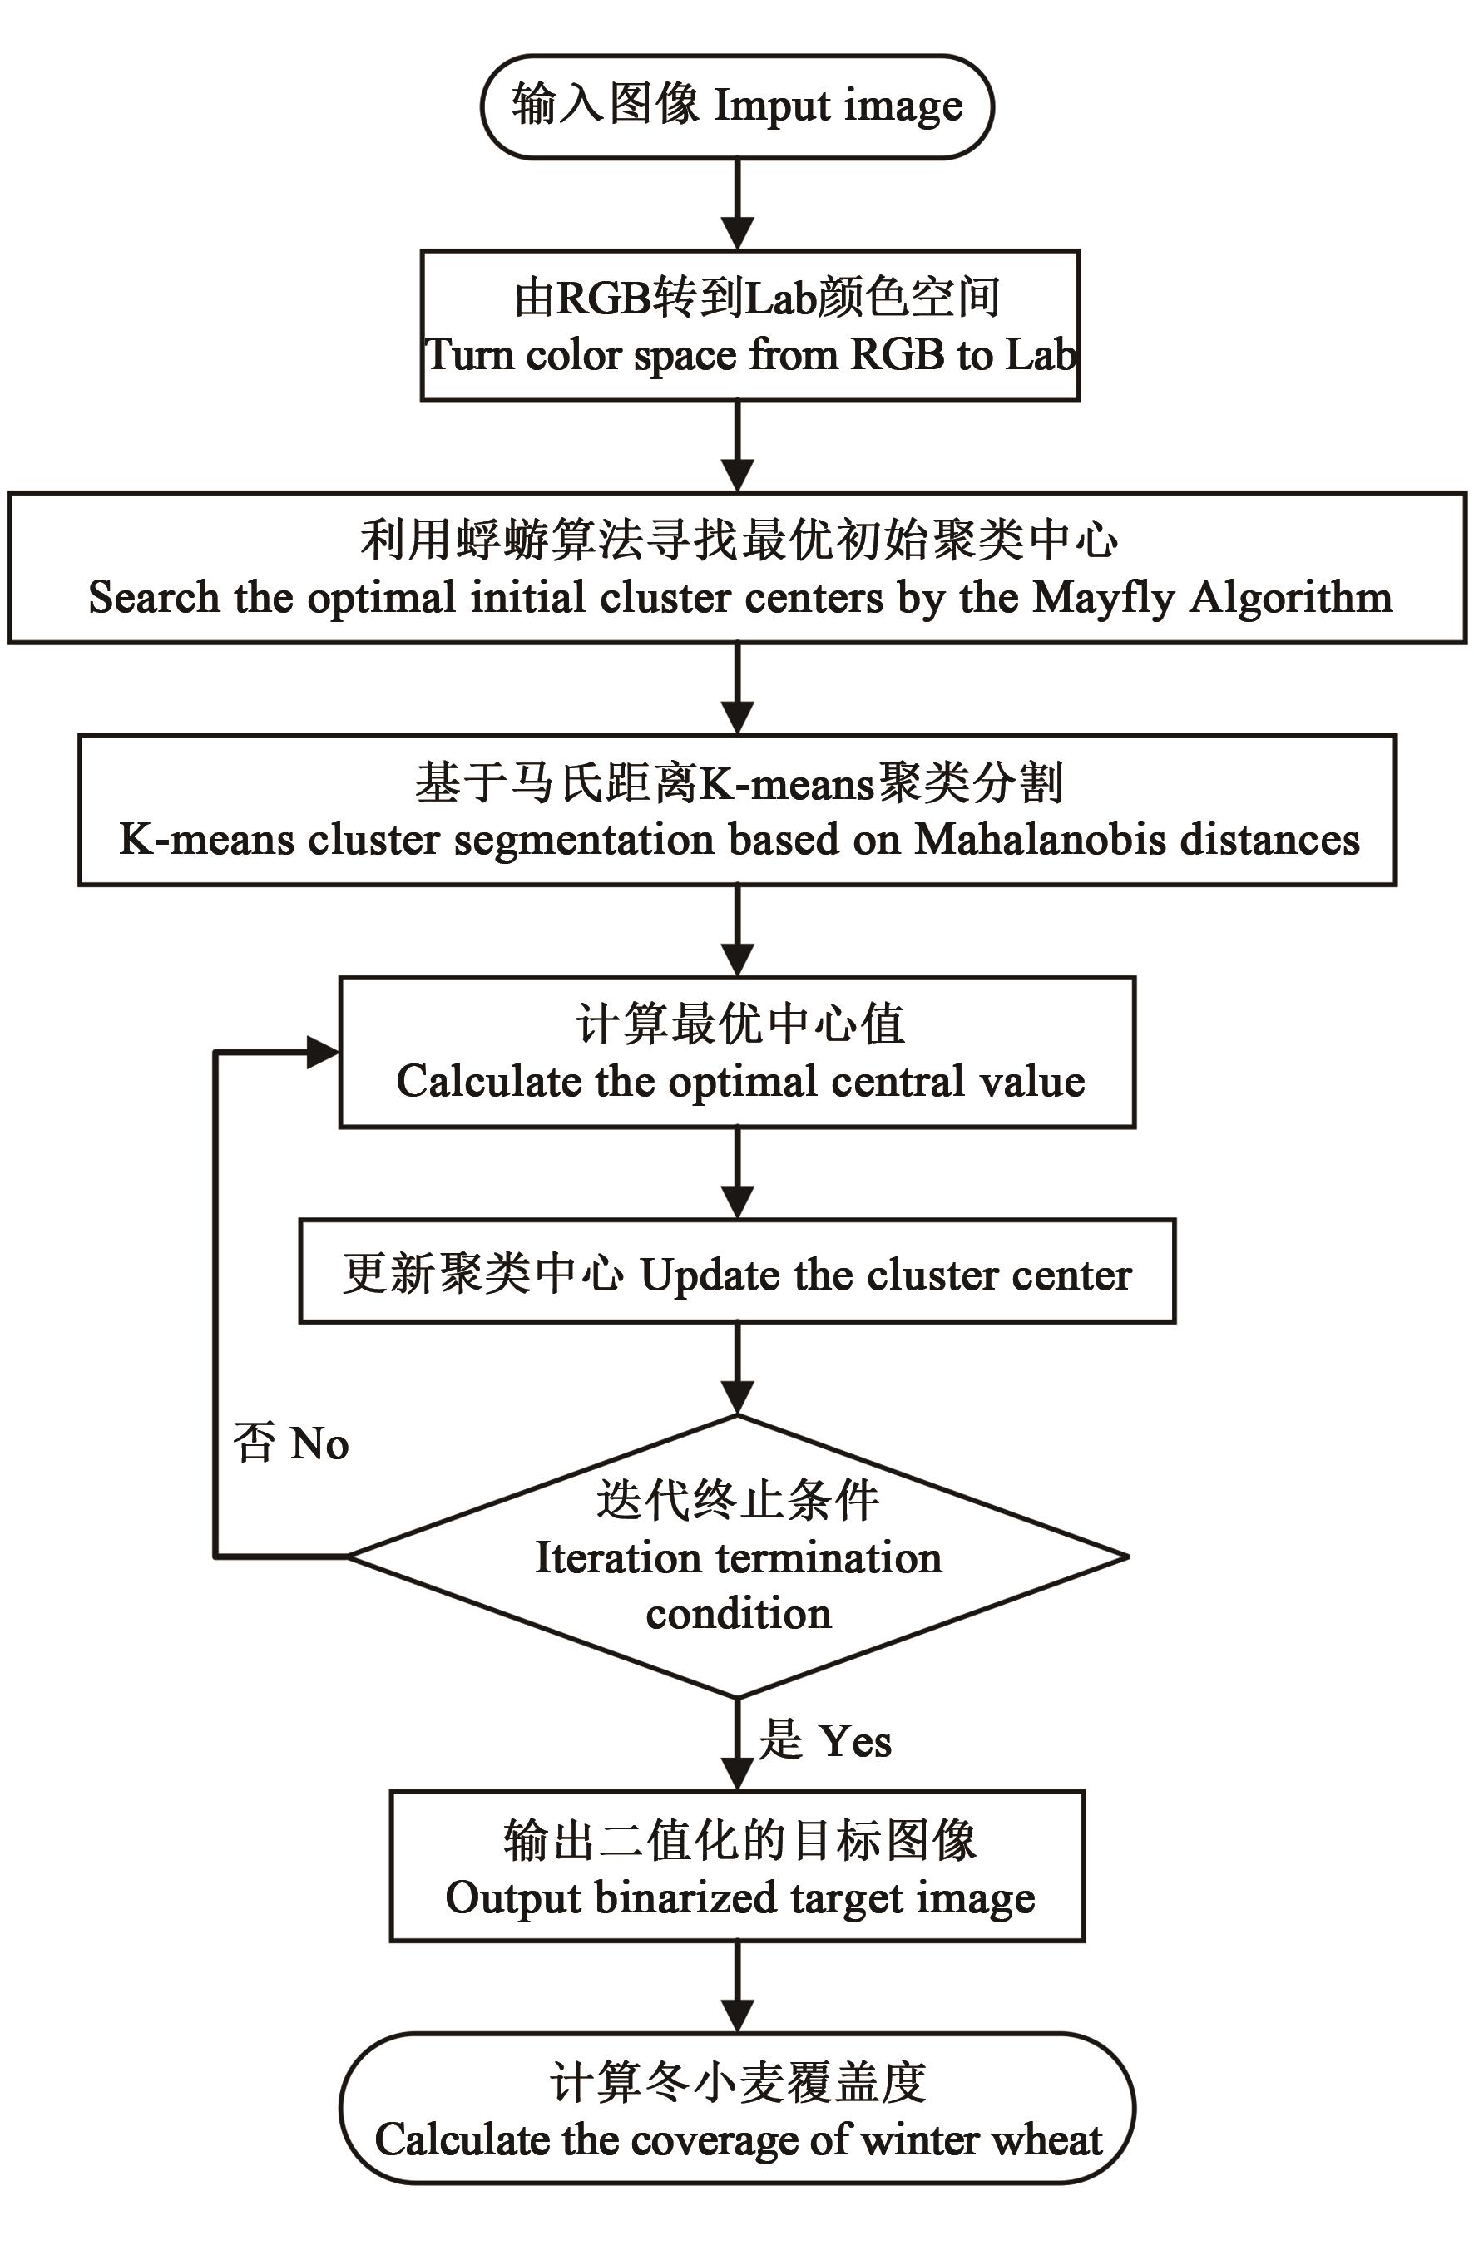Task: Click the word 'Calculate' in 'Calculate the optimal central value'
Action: pyautogui.click(x=487, y=1082)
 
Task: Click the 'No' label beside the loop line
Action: pyautogui.click(x=319, y=1443)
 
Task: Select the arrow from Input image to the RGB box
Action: pyautogui.click(x=738, y=203)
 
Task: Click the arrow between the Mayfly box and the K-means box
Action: pyautogui.click(x=738, y=688)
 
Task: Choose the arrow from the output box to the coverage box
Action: pyautogui.click(x=738, y=1986)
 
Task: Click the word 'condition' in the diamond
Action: pyautogui.click(x=739, y=1613)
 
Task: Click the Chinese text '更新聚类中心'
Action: pyautogui.click(x=482, y=1274)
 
